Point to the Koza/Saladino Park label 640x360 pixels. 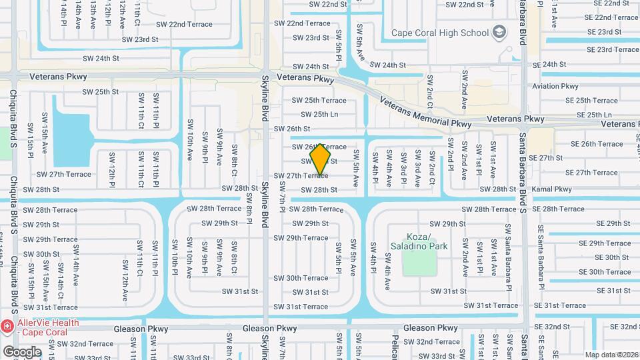[x=427, y=241]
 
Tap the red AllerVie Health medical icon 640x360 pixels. [x=7, y=327]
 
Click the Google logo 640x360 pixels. [x=22, y=352]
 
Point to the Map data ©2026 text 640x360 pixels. [x=612, y=355]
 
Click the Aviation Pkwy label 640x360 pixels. [x=555, y=86]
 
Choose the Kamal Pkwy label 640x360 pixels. [x=551, y=189]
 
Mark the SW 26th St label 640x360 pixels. [x=292, y=129]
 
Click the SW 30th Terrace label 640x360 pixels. [x=301, y=278]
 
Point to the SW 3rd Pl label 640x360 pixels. [x=403, y=168]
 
